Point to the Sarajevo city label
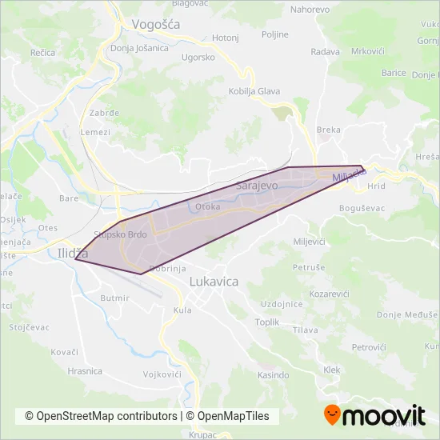[257, 186]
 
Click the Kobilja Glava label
[254, 91]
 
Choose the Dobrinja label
[167, 270]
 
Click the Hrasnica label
[85, 371]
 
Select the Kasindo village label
[273, 374]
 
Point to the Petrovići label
[369, 347]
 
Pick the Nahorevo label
[310, 10]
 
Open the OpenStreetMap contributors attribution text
[101, 416]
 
